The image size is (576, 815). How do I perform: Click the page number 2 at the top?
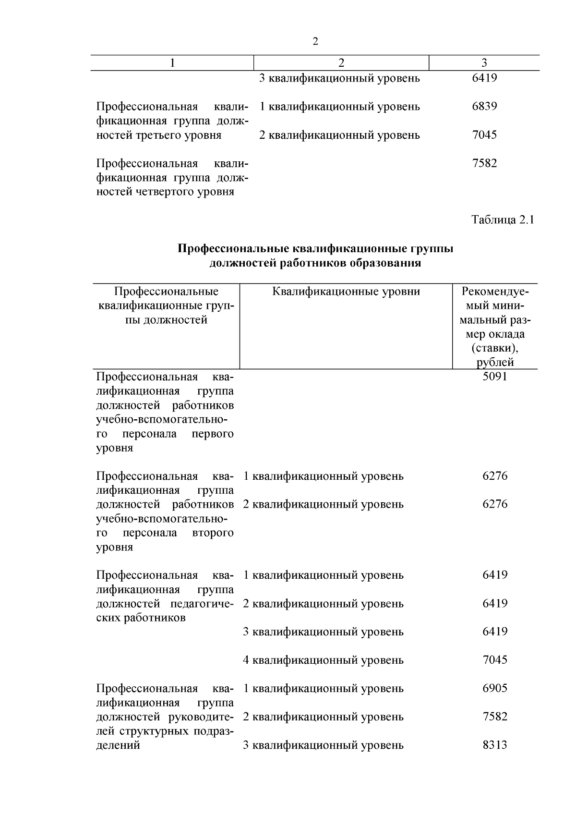tap(315, 42)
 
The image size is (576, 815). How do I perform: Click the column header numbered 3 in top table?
tap(484, 63)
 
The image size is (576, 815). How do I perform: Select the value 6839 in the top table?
tap(484, 106)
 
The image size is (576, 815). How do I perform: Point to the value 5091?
tap(495, 377)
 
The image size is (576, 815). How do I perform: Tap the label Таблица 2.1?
tap(503, 220)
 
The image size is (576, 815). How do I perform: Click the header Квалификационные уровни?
tap(346, 292)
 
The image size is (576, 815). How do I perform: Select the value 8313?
tap(495, 745)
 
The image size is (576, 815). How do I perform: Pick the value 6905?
tap(495, 688)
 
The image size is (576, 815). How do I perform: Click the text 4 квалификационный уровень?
tap(323, 660)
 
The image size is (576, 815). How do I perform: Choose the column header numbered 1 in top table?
tap(172, 63)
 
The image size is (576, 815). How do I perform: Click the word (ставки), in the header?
tap(494, 348)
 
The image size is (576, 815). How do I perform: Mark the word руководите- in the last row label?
tap(201, 717)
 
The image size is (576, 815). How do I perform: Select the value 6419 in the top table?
tap(484, 78)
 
